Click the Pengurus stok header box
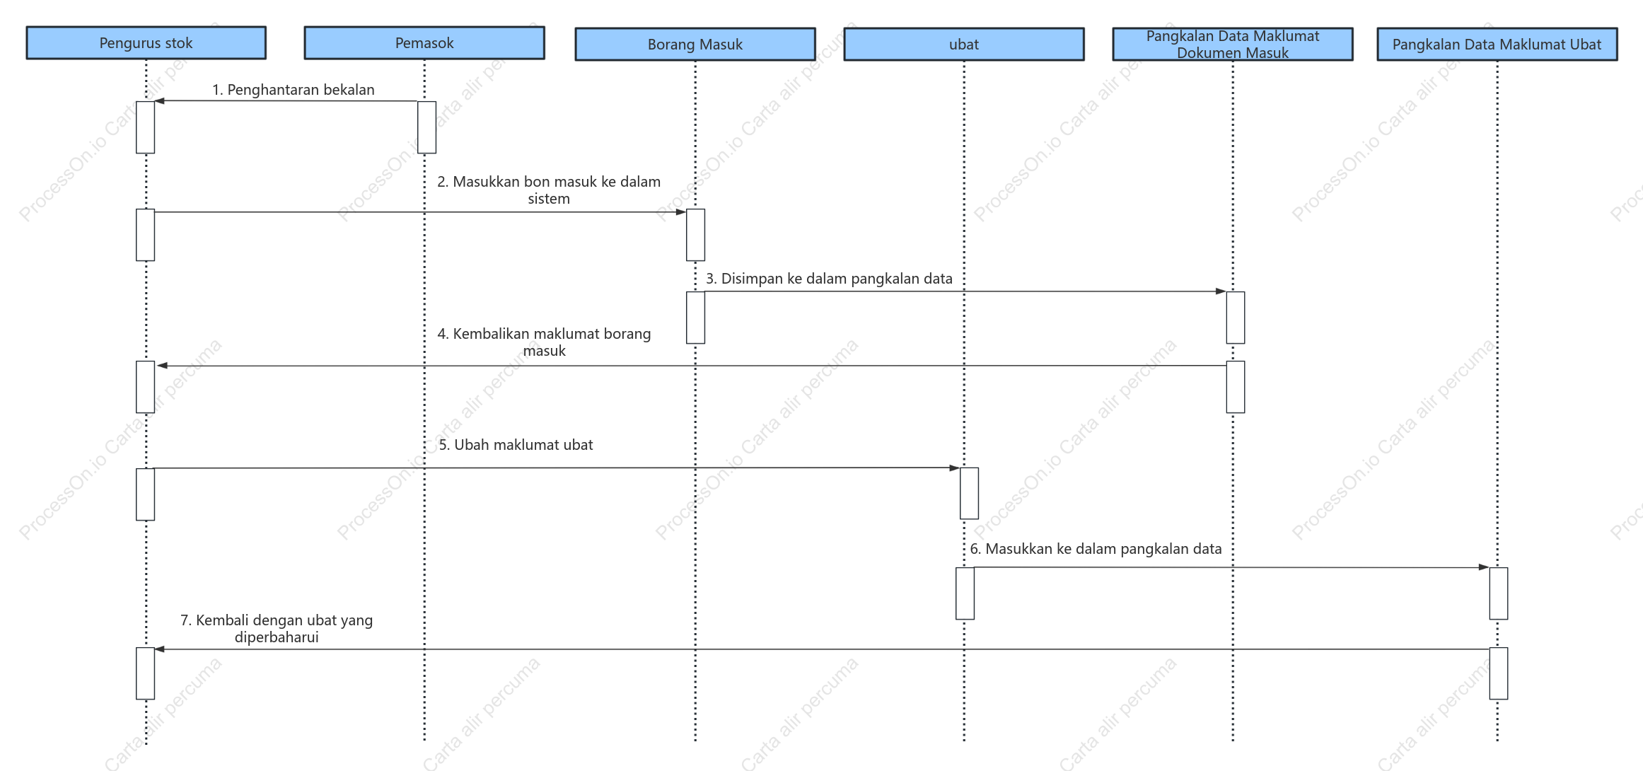coord(146,43)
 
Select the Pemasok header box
coord(424,43)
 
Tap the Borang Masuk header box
coord(695,45)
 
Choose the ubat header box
coord(964,45)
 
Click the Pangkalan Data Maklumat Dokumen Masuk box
coord(1233,45)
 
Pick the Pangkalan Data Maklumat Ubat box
coord(1497,45)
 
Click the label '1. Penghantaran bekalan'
coord(294,90)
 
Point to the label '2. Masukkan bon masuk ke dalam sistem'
coord(549,190)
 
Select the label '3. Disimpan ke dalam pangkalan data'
coord(829,279)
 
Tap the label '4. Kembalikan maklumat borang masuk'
coord(545,342)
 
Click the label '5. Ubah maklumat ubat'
coord(516,445)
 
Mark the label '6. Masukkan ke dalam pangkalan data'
coord(1096,549)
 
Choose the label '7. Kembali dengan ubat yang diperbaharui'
coord(277,629)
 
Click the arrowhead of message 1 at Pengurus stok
coord(159,101)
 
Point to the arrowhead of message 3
coord(1221,291)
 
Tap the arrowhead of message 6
coord(1484,567)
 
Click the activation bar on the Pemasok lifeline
coord(427,127)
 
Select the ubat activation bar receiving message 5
coord(969,493)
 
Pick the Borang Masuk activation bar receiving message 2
coord(695,235)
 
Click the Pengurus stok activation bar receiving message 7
coord(146,673)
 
